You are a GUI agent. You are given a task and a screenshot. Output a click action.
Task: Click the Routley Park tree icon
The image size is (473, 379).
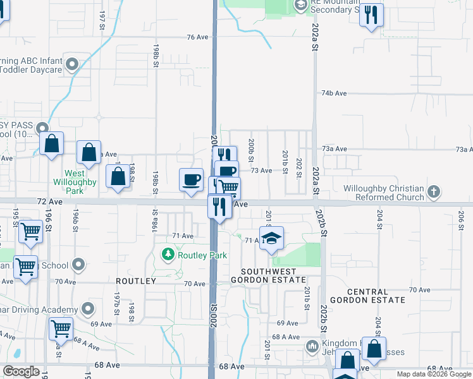168,255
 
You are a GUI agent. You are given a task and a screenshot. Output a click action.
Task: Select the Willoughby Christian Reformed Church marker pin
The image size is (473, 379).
434,191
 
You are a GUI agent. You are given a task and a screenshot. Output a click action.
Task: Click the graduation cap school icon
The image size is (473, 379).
271,238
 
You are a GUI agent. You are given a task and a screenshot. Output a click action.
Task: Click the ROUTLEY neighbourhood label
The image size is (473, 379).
135,280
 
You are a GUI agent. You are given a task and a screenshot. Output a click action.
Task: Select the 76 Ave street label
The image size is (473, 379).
197,37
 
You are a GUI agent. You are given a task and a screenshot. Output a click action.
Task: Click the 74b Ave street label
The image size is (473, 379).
334,93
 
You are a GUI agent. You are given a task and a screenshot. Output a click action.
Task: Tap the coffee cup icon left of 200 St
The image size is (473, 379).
191,179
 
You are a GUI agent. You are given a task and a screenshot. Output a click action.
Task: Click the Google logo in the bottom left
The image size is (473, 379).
21,371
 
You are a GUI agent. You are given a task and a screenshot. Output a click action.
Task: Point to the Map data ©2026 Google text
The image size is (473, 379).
434,374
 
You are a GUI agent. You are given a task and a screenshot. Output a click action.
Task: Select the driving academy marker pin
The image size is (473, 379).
88,310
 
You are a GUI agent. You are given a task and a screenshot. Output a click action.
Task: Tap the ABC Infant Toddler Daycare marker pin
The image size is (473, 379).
72,64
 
